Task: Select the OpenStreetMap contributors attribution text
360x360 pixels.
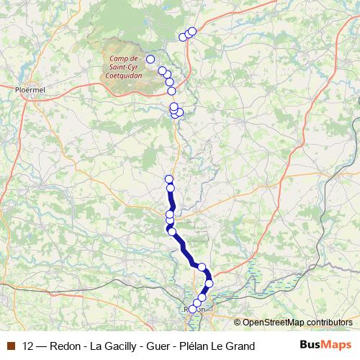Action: coord(297,322)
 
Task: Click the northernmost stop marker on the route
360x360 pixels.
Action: coord(192,31)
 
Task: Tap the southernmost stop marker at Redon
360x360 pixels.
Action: coord(193,310)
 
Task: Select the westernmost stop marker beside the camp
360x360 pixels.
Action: coord(150,59)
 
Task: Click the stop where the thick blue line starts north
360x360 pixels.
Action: coord(169,179)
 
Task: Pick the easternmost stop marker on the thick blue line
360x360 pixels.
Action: coord(209,284)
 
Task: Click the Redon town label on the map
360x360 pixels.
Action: coord(195,309)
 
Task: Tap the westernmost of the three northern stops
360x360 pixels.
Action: coord(183,37)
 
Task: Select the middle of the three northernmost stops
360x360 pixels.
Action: coord(188,34)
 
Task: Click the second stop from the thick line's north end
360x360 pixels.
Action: coord(171,188)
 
